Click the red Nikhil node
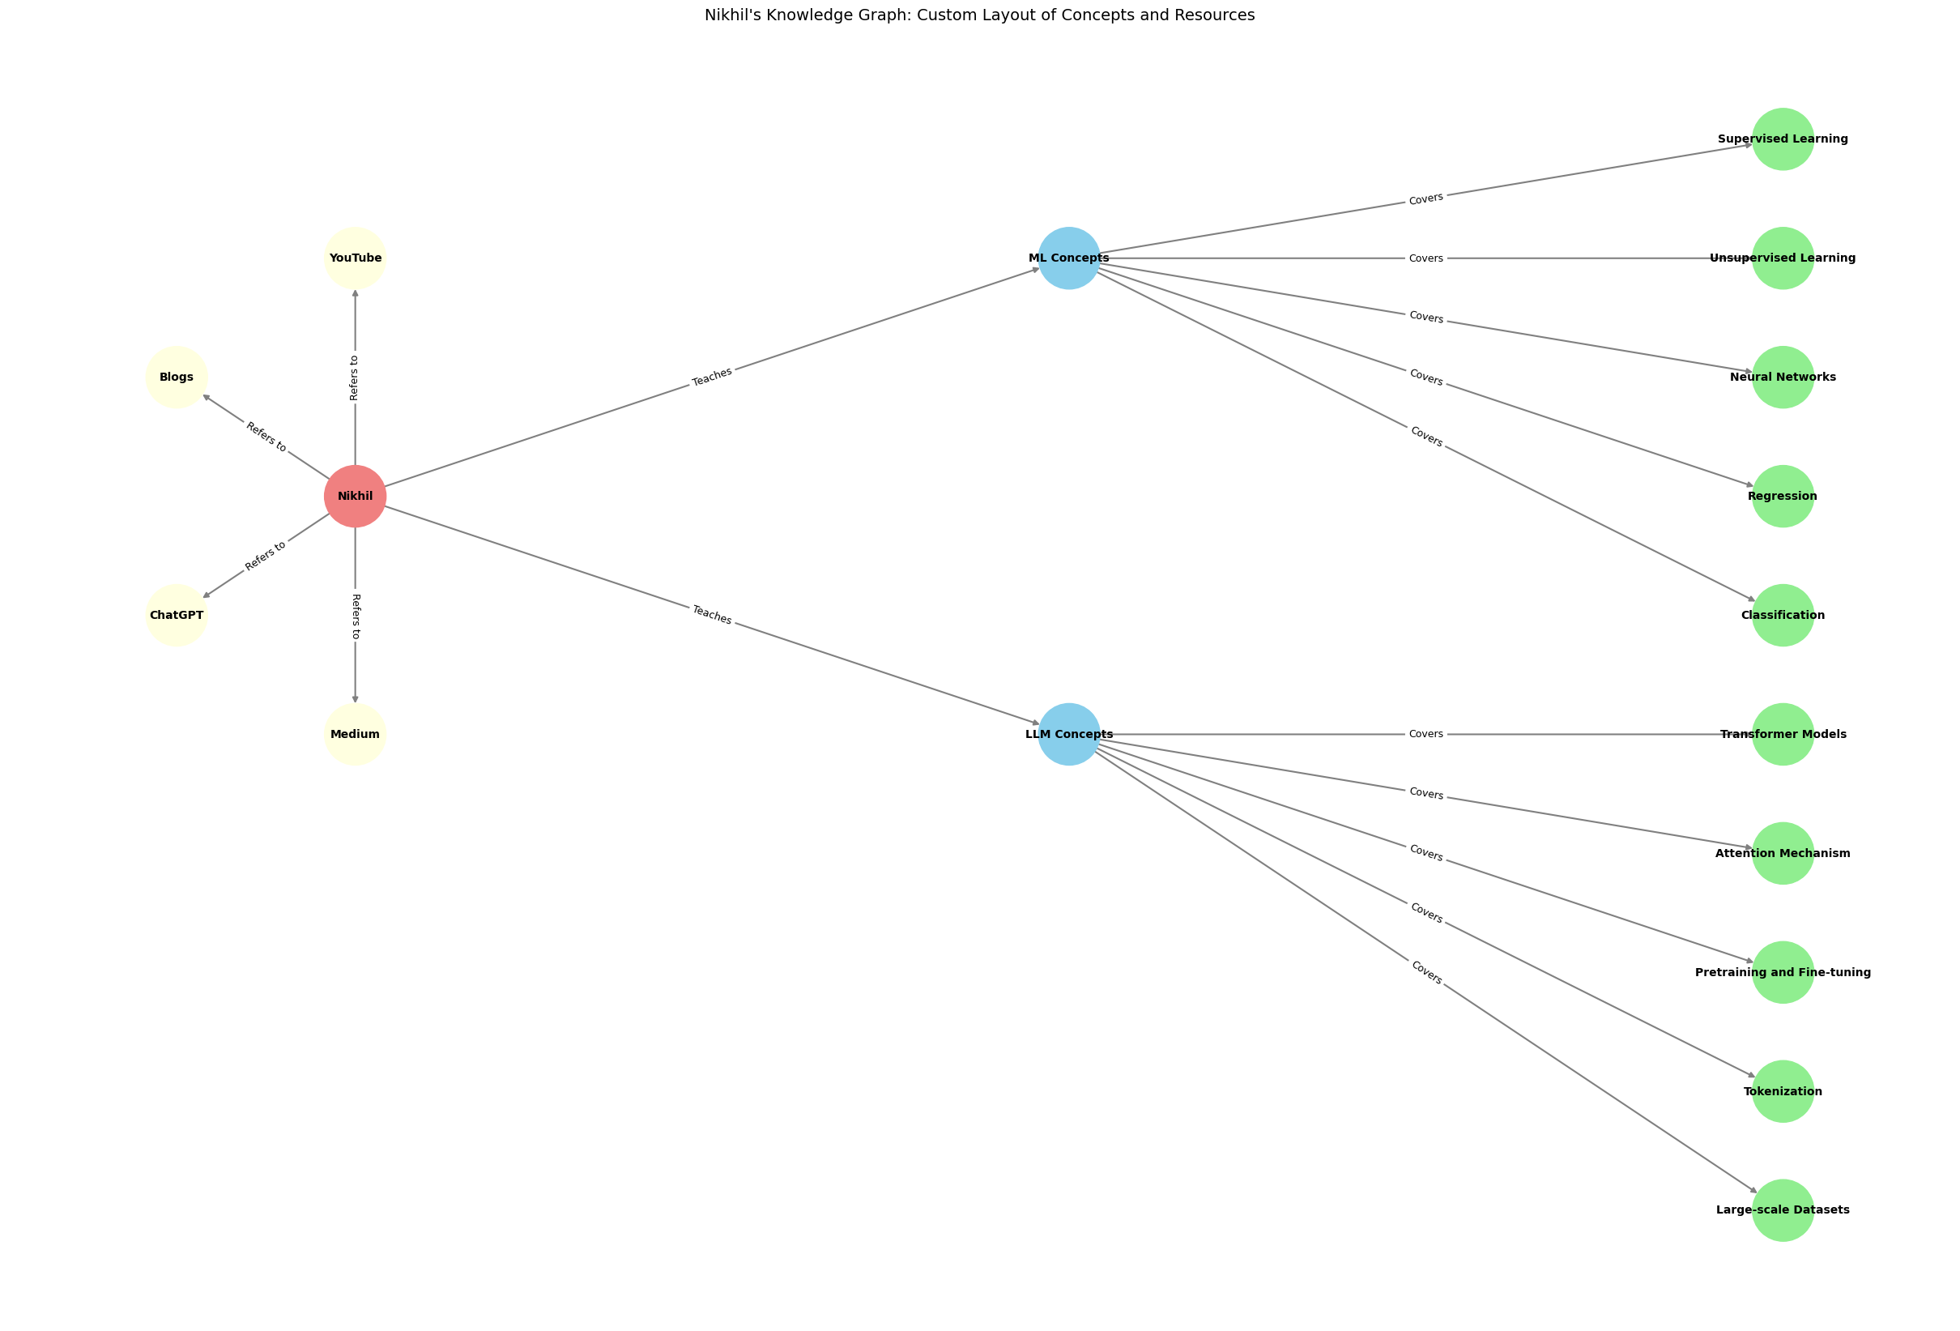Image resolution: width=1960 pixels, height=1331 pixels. [355, 496]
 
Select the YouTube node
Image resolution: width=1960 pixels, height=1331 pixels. [355, 258]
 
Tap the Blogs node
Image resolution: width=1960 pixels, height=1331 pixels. [177, 377]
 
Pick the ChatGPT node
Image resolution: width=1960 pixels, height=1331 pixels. [177, 615]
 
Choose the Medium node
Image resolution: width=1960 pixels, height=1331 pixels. [355, 734]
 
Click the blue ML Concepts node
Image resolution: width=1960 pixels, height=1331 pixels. [1068, 258]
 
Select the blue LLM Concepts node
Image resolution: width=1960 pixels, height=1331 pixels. [1068, 734]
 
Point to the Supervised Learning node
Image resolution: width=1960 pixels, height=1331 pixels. [1782, 139]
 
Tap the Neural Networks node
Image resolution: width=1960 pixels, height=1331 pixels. [1782, 377]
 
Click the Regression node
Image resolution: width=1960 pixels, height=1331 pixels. [1782, 496]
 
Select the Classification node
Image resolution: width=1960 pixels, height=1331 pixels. [1782, 615]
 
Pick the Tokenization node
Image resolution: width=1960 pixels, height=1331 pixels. [1782, 1090]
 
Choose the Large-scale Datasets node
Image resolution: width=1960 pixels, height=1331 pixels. [1782, 1209]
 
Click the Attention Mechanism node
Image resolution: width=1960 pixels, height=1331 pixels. [1782, 853]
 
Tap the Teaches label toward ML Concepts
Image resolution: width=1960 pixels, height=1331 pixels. [712, 377]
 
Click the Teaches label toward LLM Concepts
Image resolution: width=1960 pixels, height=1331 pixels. [712, 615]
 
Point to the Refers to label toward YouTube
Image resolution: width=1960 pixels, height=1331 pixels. [355, 377]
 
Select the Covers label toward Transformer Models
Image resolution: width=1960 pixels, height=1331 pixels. [1425, 734]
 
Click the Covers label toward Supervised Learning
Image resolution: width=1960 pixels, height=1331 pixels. [1425, 199]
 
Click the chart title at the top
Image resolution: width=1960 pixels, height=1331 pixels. [979, 15]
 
